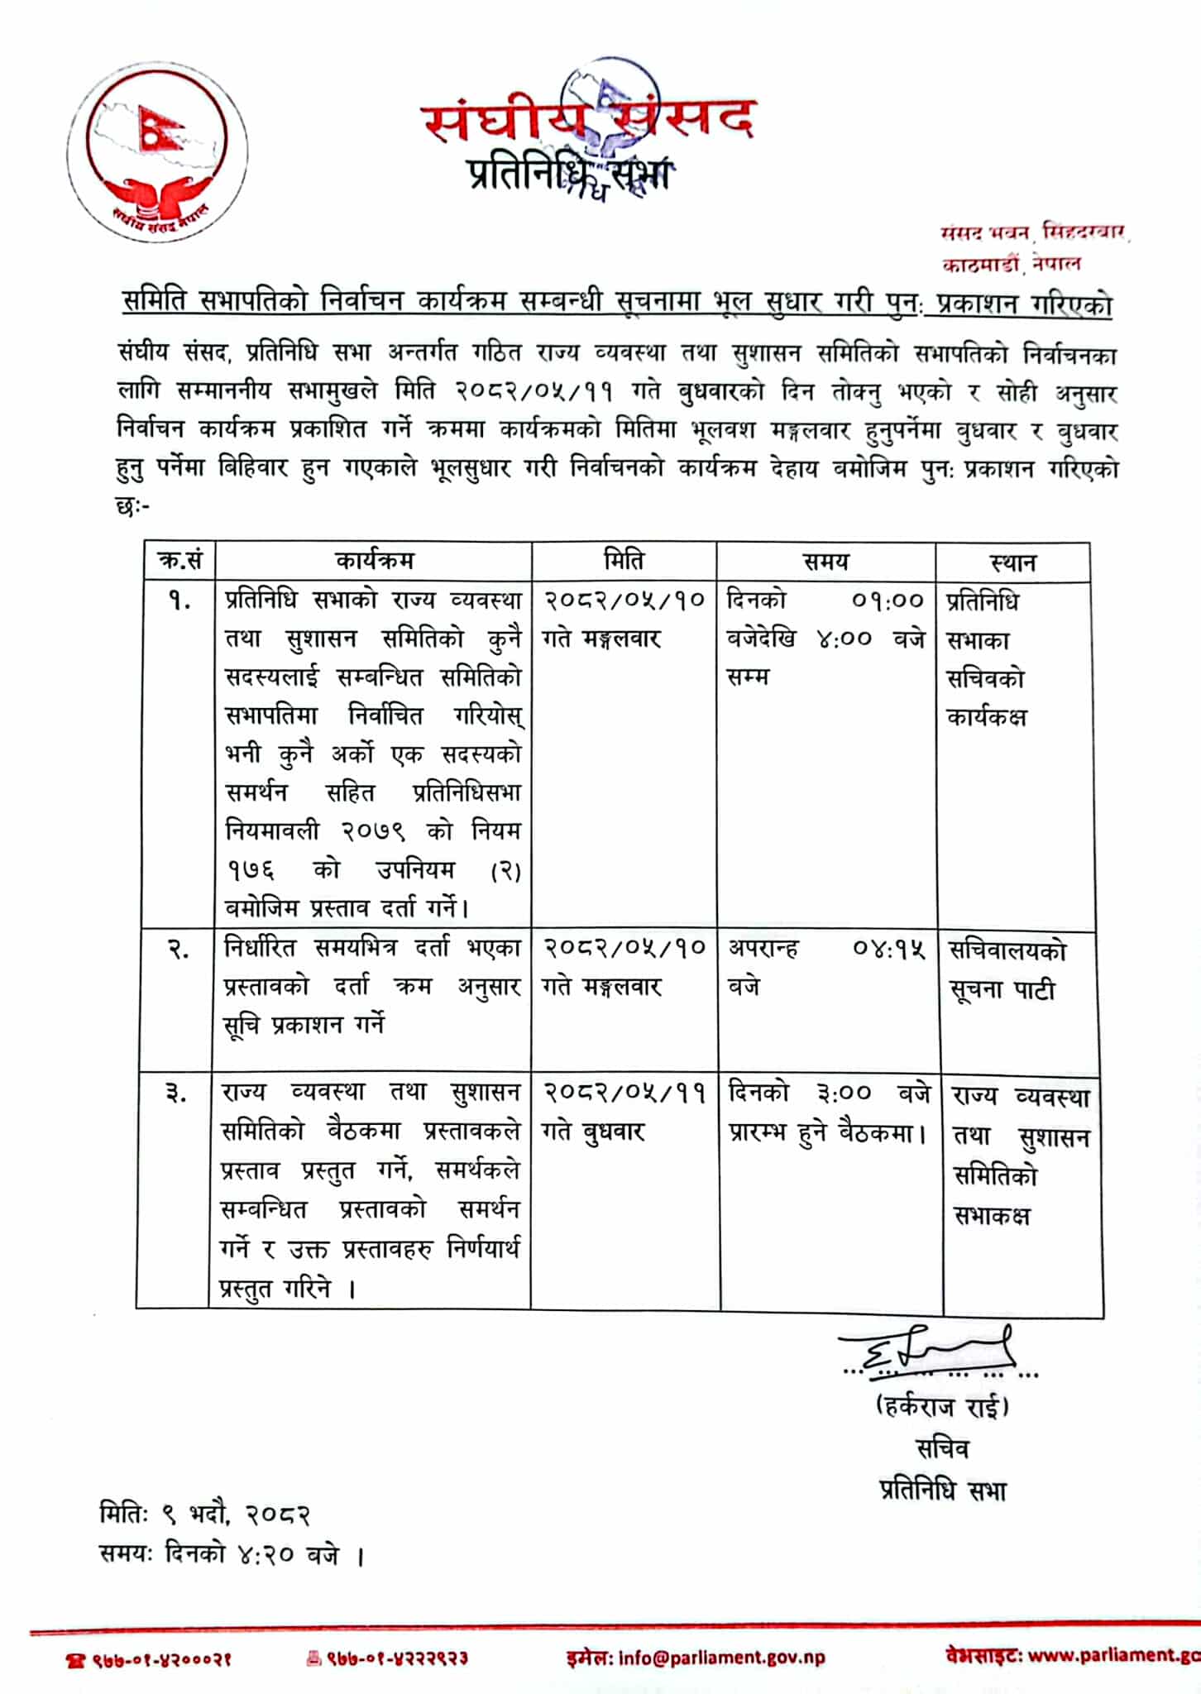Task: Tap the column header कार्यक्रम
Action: [x=375, y=562]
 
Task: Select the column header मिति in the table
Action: [x=624, y=562]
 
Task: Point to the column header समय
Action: [x=825, y=562]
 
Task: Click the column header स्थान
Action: [x=1012, y=563]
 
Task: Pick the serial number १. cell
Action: [x=179, y=601]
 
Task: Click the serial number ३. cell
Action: [x=176, y=1094]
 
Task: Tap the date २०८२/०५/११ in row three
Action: [x=624, y=1093]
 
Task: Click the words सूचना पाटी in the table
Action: [x=1002, y=990]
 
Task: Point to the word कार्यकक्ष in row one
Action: [x=986, y=717]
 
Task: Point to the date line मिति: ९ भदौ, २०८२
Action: [x=204, y=1515]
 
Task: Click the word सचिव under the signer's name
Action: [x=942, y=1448]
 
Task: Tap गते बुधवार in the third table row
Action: [x=593, y=1132]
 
